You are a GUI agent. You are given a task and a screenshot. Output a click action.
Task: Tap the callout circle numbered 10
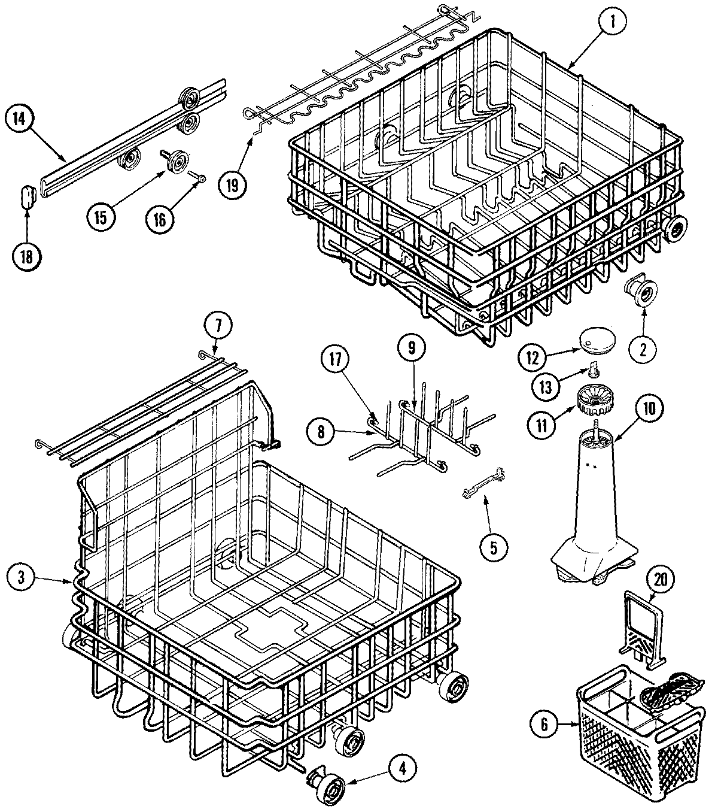coord(649,408)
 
